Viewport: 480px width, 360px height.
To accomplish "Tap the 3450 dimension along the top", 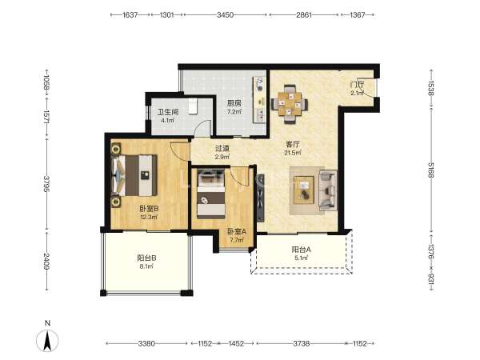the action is click(x=225, y=14).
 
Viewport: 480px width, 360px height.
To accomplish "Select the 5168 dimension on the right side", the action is click(x=430, y=170).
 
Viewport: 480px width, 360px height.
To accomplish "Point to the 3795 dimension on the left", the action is click(x=47, y=183).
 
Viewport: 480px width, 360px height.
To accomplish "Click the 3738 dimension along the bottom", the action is click(x=302, y=343).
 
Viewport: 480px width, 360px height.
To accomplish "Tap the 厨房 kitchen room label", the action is click(x=234, y=103).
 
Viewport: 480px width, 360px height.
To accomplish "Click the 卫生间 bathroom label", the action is click(x=168, y=112).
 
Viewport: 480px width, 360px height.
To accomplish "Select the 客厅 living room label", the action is click(x=292, y=144).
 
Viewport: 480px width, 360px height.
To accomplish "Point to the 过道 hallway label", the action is click(x=222, y=149).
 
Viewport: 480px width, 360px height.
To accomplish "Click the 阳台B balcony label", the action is click(x=146, y=258).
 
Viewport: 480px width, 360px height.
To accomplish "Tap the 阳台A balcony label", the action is click(x=302, y=250).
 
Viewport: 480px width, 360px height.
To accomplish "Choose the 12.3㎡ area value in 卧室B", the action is click(x=149, y=217).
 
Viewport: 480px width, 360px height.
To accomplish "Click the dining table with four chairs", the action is click(x=290, y=104).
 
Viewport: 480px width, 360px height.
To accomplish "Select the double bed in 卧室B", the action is click(x=134, y=175).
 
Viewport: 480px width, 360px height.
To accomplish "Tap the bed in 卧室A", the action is click(x=211, y=194).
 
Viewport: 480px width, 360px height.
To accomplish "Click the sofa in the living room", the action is click(x=328, y=190).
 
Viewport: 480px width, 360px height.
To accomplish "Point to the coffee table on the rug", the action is click(x=304, y=190).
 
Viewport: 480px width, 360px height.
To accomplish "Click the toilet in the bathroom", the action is click(x=193, y=106).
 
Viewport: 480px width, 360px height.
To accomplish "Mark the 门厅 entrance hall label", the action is click(x=358, y=85).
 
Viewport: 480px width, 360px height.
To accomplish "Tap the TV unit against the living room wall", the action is click(x=261, y=198).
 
